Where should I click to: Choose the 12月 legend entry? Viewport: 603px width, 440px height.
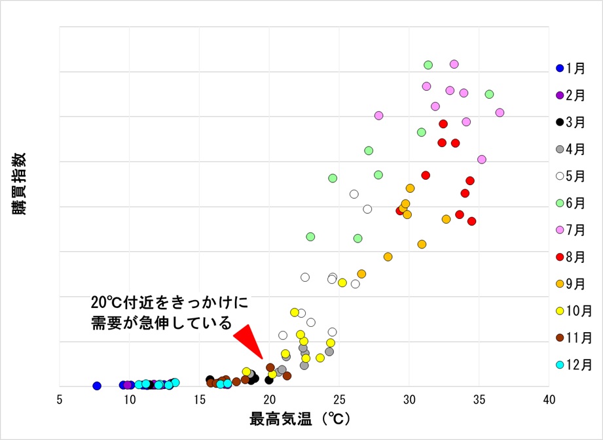[x=570, y=365]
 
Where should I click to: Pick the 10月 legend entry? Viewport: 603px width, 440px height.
[x=570, y=311]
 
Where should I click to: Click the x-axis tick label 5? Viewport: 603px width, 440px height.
[x=60, y=399]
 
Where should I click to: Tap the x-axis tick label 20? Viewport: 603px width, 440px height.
[x=269, y=399]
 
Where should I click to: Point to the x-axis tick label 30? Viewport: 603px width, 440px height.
[x=409, y=399]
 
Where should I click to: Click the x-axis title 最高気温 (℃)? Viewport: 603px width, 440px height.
[x=300, y=419]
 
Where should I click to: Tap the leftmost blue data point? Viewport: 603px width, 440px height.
[x=97, y=386]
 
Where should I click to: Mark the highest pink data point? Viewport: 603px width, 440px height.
[x=454, y=64]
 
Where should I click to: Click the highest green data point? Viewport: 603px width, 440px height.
[x=428, y=65]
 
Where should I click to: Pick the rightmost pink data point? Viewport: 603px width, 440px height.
[x=500, y=112]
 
